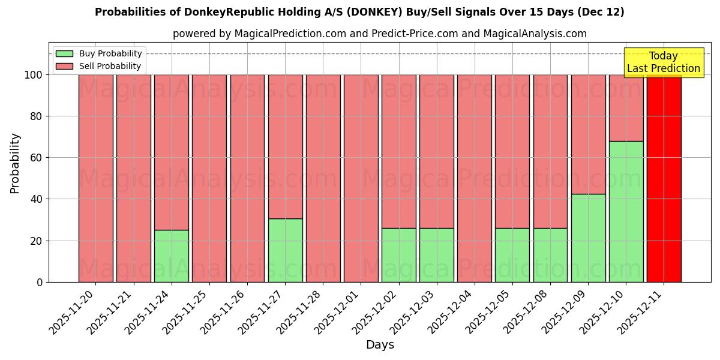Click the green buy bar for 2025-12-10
pyautogui.click(x=626, y=211)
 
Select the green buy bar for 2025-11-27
pyautogui.click(x=285, y=250)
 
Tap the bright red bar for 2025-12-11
pyautogui.click(x=664, y=178)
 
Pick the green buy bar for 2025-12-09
pyautogui.click(x=588, y=238)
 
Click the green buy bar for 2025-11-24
pyautogui.click(x=172, y=256)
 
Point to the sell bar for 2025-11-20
pyautogui.click(x=96, y=178)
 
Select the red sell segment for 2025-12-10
pyautogui.click(x=626, y=108)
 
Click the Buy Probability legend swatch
pyautogui.click(x=64, y=53)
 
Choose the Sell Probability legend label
pyautogui.click(x=110, y=66)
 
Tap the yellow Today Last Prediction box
pyautogui.click(x=664, y=62)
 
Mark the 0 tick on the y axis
pyautogui.click(x=40, y=282)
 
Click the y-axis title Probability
pyautogui.click(x=15, y=163)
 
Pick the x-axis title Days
pyautogui.click(x=380, y=345)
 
